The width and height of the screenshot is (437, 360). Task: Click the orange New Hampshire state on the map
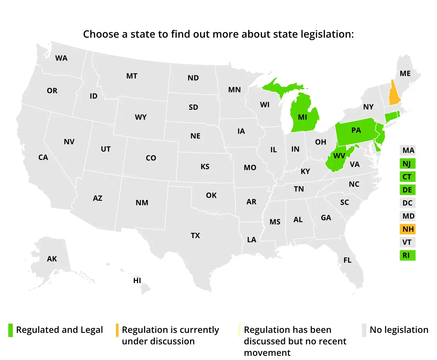pyautogui.click(x=394, y=94)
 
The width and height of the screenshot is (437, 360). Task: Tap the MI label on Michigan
pyautogui.click(x=302, y=117)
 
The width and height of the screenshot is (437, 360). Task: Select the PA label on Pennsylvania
pyautogui.click(x=356, y=130)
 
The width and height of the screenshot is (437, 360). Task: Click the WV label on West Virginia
pyautogui.click(x=339, y=156)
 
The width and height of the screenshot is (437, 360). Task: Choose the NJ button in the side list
pyautogui.click(x=407, y=164)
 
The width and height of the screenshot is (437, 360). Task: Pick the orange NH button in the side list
pyautogui.click(x=408, y=229)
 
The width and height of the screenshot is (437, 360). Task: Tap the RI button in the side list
pyautogui.click(x=407, y=255)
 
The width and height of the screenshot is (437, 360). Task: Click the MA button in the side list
pyautogui.click(x=408, y=150)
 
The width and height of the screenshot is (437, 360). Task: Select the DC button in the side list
pyautogui.click(x=407, y=203)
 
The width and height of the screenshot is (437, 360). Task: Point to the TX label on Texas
pyautogui.click(x=195, y=236)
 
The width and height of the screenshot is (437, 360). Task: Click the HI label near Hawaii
pyautogui.click(x=137, y=281)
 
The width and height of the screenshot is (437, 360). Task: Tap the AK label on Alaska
pyautogui.click(x=52, y=259)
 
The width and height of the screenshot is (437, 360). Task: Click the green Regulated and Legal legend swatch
pyautogui.click(x=11, y=330)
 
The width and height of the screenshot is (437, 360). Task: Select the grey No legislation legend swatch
pyautogui.click(x=364, y=330)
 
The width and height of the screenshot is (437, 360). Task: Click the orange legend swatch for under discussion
pyautogui.click(x=117, y=330)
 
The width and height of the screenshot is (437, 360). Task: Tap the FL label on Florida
pyautogui.click(x=347, y=260)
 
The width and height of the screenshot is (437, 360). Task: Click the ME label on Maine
pyautogui.click(x=405, y=73)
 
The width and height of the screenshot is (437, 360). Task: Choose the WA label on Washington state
pyautogui.click(x=61, y=58)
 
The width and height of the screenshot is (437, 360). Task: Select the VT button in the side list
pyautogui.click(x=407, y=242)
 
